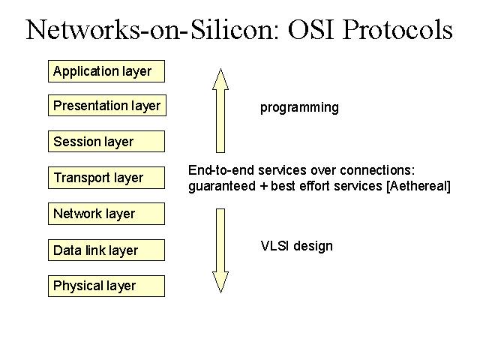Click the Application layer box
point(106,71)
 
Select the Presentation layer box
point(107,106)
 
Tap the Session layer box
point(106,142)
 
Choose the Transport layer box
point(106,178)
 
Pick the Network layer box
point(106,214)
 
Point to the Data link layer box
point(106,250)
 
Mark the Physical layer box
point(106,286)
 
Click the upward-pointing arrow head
point(220,79)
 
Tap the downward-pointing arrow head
point(220,282)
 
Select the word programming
point(299,108)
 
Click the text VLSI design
point(297,246)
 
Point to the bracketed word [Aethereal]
point(418,186)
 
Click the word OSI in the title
point(310,30)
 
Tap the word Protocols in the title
point(397,30)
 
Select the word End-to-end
point(221,170)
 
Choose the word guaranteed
point(222,187)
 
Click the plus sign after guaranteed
point(263,187)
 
